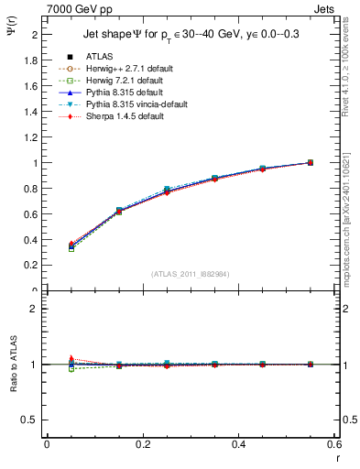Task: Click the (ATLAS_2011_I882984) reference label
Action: (x=190, y=274)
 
